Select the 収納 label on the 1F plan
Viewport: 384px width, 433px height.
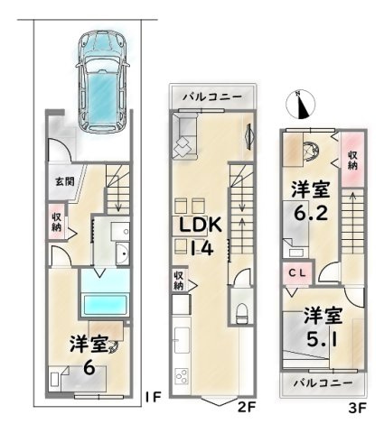point(57,222)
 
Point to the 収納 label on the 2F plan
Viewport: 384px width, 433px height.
point(178,281)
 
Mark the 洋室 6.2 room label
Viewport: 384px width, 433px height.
point(309,203)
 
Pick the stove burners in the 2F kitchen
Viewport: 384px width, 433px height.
point(179,377)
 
